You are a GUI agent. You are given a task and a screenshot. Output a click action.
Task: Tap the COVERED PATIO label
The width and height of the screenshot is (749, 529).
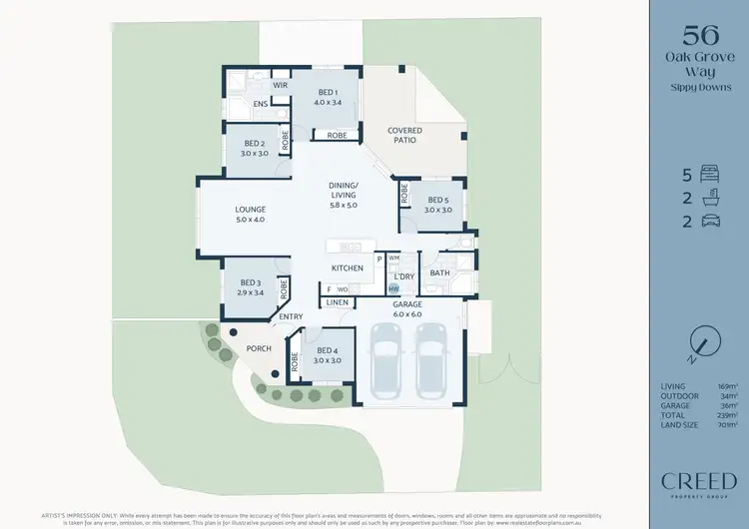(x=404, y=136)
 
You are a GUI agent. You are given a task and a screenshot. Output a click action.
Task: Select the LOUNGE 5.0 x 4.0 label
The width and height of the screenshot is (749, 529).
(x=250, y=215)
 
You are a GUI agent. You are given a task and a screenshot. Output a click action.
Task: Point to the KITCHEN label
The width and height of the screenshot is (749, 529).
(x=348, y=268)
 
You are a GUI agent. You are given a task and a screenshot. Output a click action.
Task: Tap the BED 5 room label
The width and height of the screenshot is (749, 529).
(x=438, y=205)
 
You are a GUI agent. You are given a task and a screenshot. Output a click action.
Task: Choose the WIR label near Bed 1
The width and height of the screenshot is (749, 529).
(x=253, y=86)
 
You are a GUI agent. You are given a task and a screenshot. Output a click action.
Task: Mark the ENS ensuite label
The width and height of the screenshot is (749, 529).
(x=259, y=104)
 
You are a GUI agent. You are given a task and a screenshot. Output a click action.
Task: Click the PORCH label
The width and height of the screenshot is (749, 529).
(x=259, y=348)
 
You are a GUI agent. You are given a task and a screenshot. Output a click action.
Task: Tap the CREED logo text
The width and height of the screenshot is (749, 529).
(x=699, y=481)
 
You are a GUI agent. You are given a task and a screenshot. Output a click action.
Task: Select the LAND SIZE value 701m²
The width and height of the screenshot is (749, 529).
(x=726, y=424)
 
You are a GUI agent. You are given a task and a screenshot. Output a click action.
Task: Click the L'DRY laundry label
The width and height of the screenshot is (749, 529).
(x=403, y=275)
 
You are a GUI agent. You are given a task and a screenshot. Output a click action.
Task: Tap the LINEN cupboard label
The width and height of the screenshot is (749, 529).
(x=338, y=301)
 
